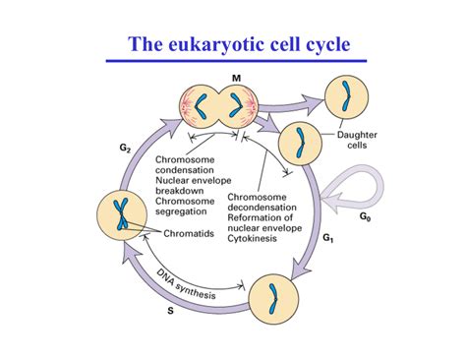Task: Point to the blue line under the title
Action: click(x=234, y=61)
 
